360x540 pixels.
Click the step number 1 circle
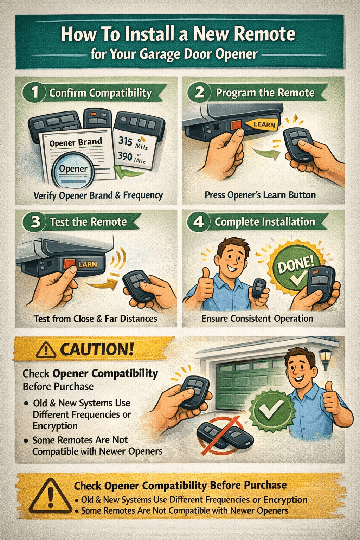35,92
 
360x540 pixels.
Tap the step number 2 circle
199,92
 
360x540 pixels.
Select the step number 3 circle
35,222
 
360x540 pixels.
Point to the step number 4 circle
199,222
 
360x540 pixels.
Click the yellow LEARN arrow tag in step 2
262,124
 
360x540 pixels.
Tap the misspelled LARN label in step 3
87,264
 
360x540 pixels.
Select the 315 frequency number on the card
125,141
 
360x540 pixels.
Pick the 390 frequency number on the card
125,155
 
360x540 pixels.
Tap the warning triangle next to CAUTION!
46,350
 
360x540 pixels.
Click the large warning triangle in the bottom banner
50,496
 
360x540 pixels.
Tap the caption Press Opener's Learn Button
260,195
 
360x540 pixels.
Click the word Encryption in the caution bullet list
55,426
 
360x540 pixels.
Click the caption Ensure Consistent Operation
257,319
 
